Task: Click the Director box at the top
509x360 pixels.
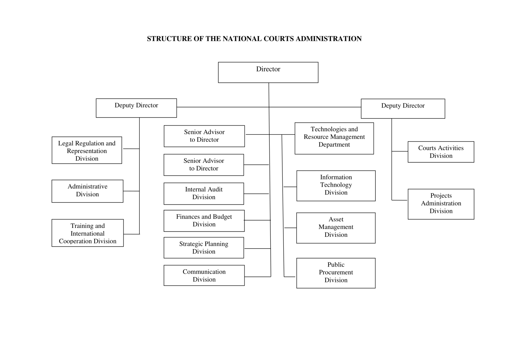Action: (268, 73)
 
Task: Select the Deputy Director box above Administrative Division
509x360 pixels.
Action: (136, 108)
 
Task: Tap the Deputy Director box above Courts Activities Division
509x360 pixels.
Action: (403, 109)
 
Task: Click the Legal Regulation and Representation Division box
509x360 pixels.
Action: (87, 150)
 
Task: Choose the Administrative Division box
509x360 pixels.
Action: (87, 191)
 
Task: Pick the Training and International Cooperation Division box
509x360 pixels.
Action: (87, 233)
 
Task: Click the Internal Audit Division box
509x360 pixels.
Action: (204, 194)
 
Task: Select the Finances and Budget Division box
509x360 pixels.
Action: (204, 221)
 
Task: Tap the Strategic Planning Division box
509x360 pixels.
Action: (204, 248)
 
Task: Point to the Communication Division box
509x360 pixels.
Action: (204, 275)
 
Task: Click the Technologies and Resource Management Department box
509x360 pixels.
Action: (334, 138)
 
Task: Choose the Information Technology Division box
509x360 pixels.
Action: (336, 186)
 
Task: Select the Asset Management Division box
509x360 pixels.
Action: (336, 228)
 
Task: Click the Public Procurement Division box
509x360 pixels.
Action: (336, 273)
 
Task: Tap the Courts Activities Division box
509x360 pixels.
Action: (441, 152)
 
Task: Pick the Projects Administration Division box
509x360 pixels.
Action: (441, 204)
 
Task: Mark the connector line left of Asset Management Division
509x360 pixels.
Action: (290, 228)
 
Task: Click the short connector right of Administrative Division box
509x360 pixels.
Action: (131, 191)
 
